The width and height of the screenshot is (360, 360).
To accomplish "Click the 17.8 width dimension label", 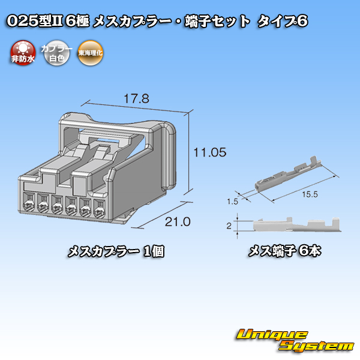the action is click(x=136, y=99).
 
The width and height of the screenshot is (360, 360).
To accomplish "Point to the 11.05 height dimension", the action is click(x=210, y=152).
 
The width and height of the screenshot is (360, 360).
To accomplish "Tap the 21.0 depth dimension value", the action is click(x=178, y=222).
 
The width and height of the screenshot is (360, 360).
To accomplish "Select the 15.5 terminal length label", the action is click(x=310, y=194).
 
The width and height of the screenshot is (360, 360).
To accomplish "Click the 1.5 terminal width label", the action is click(x=232, y=202).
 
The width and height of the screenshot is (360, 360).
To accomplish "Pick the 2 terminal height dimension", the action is click(x=229, y=226).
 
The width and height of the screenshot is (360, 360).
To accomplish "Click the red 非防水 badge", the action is click(x=23, y=53).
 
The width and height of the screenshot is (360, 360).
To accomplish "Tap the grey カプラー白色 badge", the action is click(x=56, y=53).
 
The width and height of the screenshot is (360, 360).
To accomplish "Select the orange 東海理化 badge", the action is click(x=90, y=53).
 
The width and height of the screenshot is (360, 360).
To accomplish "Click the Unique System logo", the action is click(x=295, y=340).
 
